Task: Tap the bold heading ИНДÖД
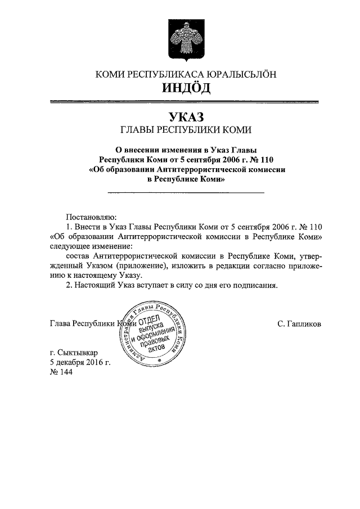(x=186, y=88)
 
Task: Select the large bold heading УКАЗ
(x=186, y=117)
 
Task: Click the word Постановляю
(x=92, y=215)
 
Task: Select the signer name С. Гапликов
(x=299, y=325)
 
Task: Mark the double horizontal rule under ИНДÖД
(x=186, y=102)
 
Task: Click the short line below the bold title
(x=186, y=193)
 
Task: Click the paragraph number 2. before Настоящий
(x=69, y=285)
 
